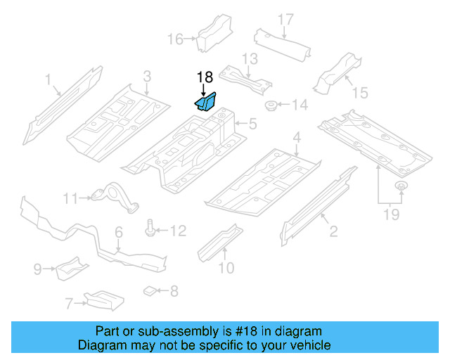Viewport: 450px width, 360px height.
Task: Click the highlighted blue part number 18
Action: tap(205, 103)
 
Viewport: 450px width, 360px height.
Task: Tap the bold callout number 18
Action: tap(204, 77)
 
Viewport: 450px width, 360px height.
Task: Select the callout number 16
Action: tap(175, 39)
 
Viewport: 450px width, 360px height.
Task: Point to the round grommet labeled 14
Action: tap(269, 106)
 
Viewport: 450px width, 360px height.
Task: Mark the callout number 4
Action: tap(297, 136)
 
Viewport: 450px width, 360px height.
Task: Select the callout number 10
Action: tap(226, 267)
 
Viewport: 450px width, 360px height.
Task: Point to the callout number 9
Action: tap(38, 268)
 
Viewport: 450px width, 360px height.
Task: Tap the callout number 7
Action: tap(69, 304)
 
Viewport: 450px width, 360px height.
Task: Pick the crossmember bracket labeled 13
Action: tap(244, 78)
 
